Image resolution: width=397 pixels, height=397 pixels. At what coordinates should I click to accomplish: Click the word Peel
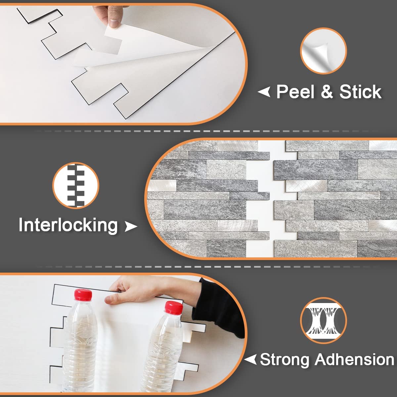(295, 92)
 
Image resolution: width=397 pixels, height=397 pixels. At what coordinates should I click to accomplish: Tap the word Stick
(360, 92)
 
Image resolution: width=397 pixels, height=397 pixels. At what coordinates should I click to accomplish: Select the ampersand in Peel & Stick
(327, 92)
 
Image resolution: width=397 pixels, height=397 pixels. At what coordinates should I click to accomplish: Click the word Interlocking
(68, 225)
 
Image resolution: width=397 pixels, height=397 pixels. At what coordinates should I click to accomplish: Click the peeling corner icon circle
(323, 51)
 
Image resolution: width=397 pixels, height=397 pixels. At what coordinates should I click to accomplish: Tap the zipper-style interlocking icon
(76, 185)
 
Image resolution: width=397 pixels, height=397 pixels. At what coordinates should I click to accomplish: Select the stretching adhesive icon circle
(323, 321)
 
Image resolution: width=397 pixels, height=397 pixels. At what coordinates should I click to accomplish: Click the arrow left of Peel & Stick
(264, 92)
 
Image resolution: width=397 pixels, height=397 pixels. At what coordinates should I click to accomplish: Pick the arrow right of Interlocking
(131, 227)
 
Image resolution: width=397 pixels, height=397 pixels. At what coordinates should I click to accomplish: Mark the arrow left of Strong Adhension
(250, 359)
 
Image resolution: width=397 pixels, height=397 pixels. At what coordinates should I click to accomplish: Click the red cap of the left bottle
(83, 294)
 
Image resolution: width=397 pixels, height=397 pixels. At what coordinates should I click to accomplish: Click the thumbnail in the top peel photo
(114, 23)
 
